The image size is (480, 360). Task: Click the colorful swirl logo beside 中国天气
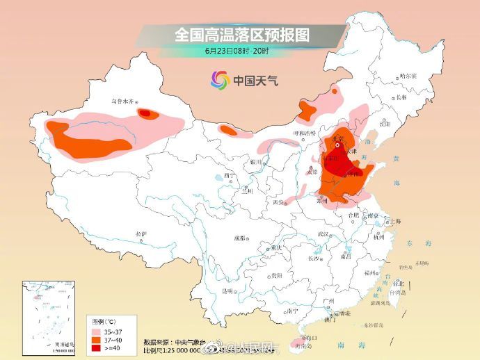coord(220,81)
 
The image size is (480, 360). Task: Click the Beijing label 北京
coord(338,140)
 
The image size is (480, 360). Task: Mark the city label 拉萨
coord(142,234)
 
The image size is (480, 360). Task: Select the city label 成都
coord(239,237)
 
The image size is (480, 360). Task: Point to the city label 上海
coord(395,220)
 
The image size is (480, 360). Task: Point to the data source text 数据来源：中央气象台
coord(171,342)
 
